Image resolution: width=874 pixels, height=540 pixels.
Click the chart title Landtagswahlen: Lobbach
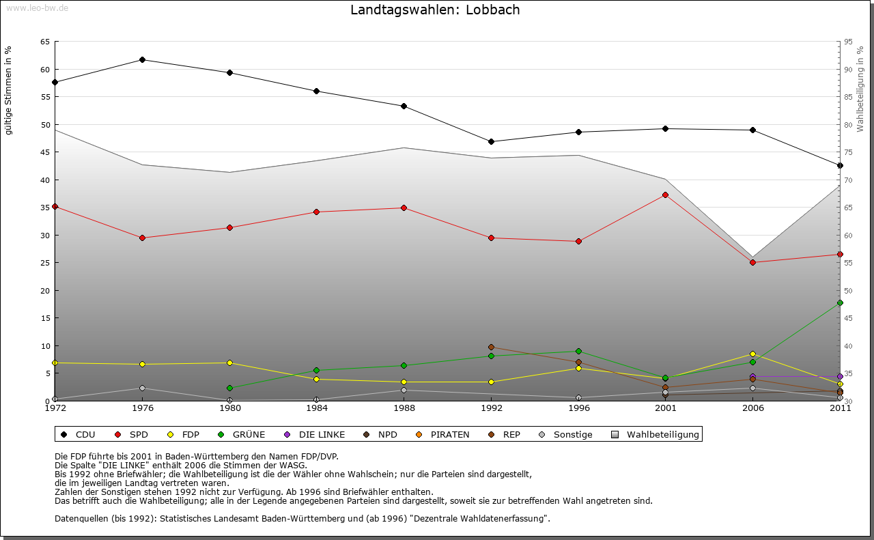click(x=435, y=10)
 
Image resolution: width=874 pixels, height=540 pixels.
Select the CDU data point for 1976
click(x=142, y=59)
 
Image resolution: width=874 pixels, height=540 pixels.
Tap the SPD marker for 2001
click(x=665, y=195)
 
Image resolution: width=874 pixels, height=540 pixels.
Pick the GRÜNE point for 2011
click(x=840, y=302)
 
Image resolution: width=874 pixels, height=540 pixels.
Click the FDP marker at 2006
click(x=752, y=354)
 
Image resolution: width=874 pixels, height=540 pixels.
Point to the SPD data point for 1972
click(x=55, y=206)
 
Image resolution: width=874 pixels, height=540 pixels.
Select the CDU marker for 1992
click(x=491, y=141)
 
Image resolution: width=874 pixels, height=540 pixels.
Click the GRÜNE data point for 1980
click(x=229, y=388)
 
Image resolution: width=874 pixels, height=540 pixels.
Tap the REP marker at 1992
click(x=491, y=347)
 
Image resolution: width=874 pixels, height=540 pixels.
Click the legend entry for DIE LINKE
click(x=315, y=434)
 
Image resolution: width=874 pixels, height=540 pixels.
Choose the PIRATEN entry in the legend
click(x=443, y=434)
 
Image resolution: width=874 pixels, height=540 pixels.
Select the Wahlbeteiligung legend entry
click(x=656, y=434)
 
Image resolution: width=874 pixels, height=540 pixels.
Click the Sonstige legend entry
click(x=566, y=434)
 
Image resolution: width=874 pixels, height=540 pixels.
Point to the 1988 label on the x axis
click(x=404, y=408)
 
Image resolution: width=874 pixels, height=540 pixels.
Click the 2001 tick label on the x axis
click(x=665, y=408)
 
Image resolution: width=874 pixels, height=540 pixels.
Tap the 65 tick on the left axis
click(x=45, y=42)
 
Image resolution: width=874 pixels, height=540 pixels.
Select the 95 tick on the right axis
click(x=848, y=42)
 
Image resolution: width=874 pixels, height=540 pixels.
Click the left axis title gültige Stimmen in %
click(x=9, y=90)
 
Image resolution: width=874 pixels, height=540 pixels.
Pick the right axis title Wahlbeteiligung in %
click(x=860, y=89)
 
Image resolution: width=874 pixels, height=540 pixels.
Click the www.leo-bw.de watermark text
click(x=37, y=8)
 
